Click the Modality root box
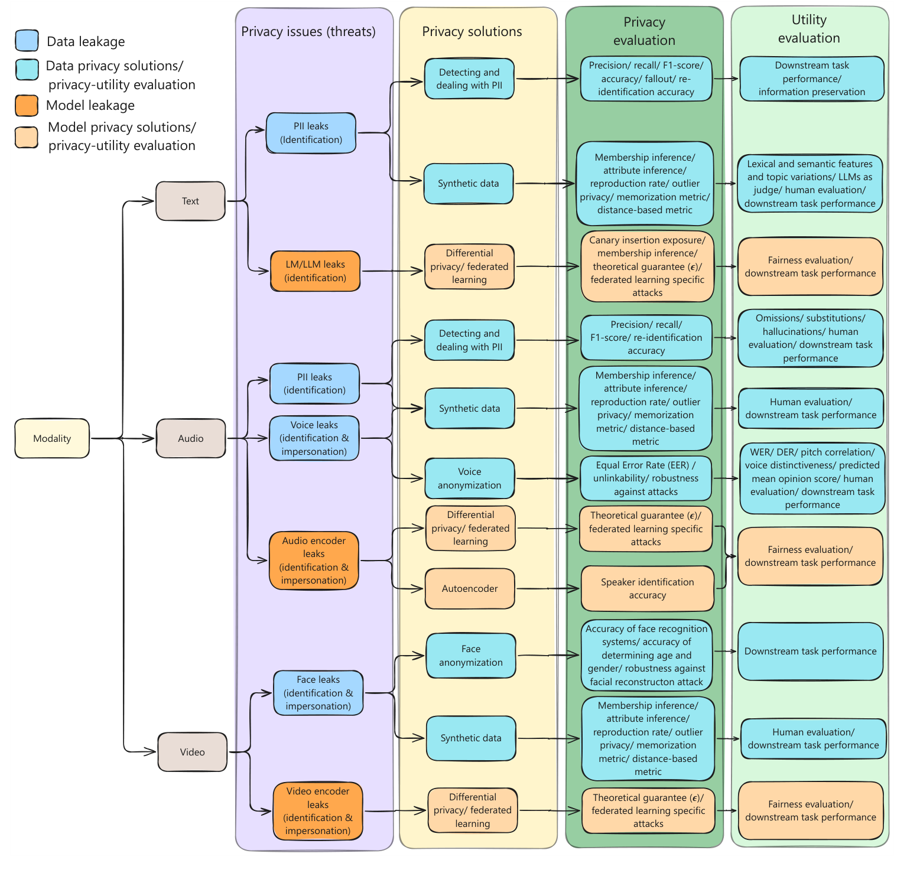click(x=52, y=438)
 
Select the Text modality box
click(x=190, y=201)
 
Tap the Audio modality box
click(x=191, y=438)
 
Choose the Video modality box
click(x=192, y=752)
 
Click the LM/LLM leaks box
click(x=315, y=271)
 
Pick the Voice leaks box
click(x=314, y=438)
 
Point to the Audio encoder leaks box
click(x=314, y=561)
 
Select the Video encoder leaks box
click(x=318, y=811)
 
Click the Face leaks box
click(x=318, y=693)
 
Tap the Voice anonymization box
click(x=470, y=478)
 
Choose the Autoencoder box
click(x=470, y=589)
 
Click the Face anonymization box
click(x=471, y=656)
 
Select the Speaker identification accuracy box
click(x=647, y=589)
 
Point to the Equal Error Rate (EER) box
click(x=646, y=478)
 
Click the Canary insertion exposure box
click(x=647, y=266)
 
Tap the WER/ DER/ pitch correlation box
click(x=812, y=478)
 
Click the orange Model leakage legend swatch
click(x=27, y=106)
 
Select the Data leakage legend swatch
click(x=27, y=41)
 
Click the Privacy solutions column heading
click(x=472, y=31)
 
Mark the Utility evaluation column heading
click(x=809, y=29)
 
